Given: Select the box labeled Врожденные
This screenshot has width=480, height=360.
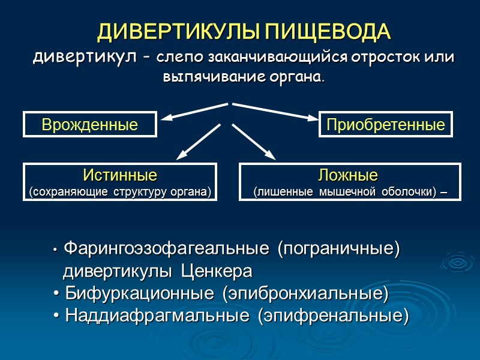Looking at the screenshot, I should coord(90,124).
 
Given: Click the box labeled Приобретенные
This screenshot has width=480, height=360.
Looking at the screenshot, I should coord(385,124).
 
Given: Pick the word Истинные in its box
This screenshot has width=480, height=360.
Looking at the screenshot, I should coord(120,175).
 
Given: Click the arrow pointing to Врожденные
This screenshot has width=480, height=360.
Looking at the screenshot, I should coord(195,111).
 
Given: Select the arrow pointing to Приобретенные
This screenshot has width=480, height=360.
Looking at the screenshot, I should coord(275,112).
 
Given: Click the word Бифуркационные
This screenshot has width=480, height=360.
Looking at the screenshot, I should coord(139,294).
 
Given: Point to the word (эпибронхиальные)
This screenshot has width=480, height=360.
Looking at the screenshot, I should coord(305,294).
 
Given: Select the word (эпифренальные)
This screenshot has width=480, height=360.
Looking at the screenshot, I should coord(332,316).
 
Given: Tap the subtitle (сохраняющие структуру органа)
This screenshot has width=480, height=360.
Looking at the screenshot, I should coord(120,192).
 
